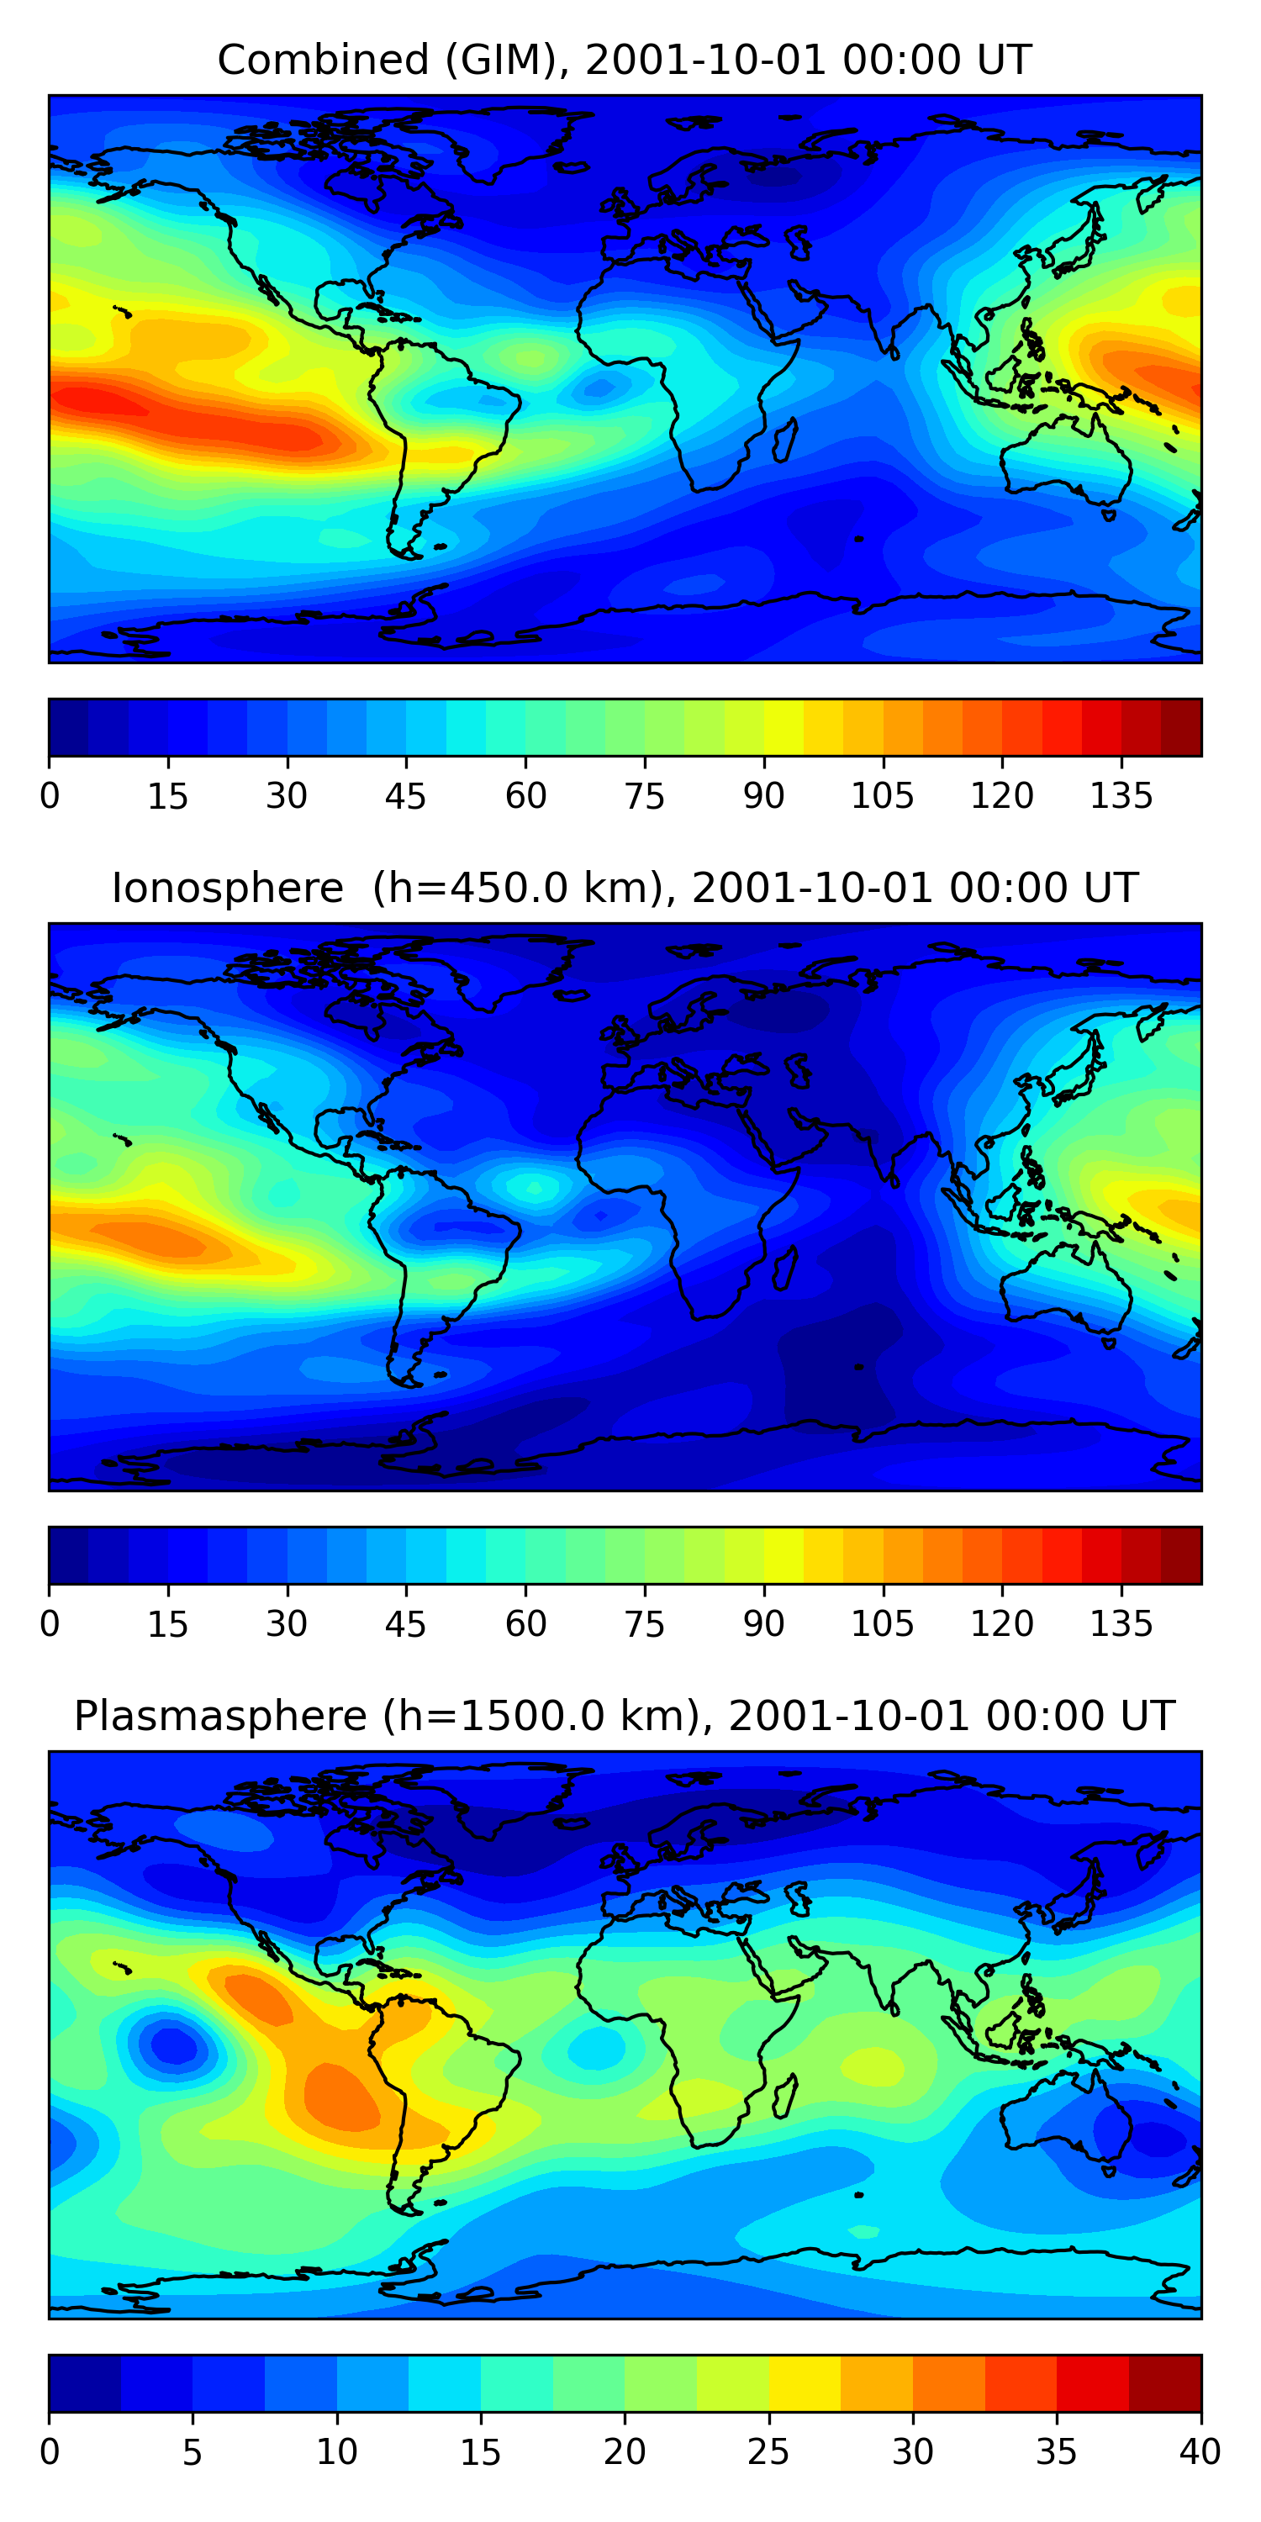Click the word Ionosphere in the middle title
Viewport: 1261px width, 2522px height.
point(228,888)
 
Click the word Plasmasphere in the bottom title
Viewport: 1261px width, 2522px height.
point(220,1717)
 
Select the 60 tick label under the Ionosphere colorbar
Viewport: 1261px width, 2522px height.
point(525,1624)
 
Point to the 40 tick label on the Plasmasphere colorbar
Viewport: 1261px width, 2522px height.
point(1200,2452)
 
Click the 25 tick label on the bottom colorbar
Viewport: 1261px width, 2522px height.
point(768,2452)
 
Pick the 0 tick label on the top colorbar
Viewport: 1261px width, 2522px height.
point(50,796)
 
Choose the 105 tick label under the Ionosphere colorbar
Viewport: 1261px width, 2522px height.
point(883,1624)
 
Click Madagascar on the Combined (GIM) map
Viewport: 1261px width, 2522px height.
point(785,440)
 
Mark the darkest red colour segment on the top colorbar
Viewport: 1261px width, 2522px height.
point(1181,727)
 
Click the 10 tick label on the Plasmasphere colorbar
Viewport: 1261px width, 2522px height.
point(337,2452)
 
